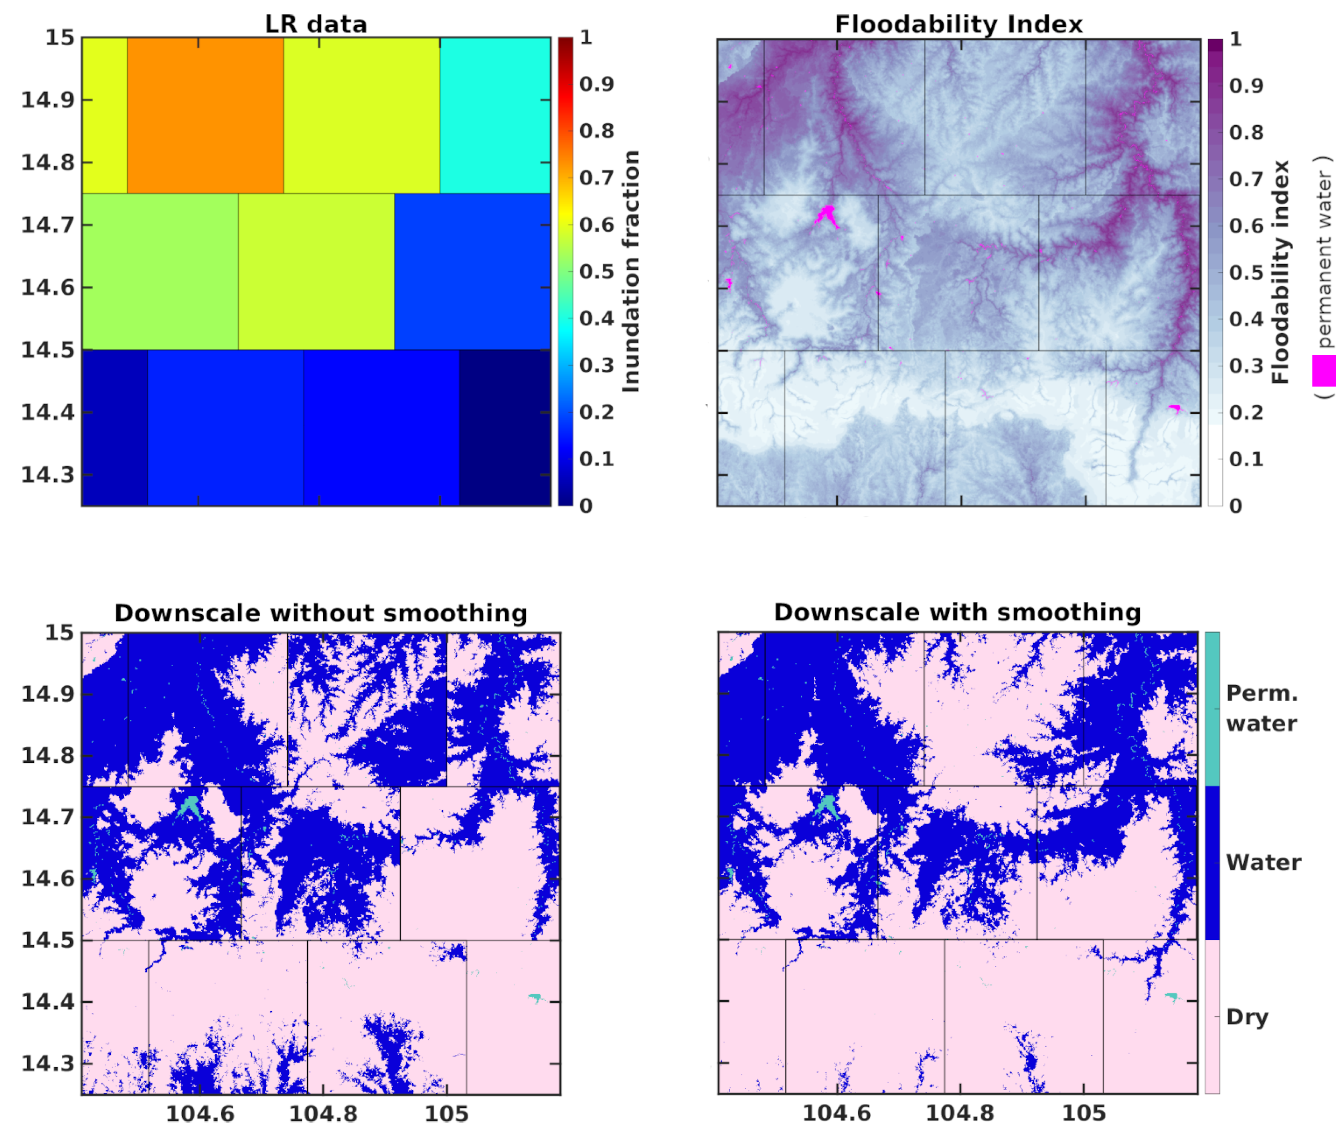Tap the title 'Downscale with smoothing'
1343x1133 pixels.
(957, 612)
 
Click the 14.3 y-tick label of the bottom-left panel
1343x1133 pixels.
(48, 1063)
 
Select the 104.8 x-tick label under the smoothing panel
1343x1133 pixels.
(960, 1113)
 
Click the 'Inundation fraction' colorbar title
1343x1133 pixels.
(631, 271)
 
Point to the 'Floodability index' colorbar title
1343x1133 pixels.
(1280, 272)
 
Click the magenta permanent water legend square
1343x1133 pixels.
(1324, 370)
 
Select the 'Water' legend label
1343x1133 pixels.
(1263, 862)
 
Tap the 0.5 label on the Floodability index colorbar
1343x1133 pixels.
(1246, 272)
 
